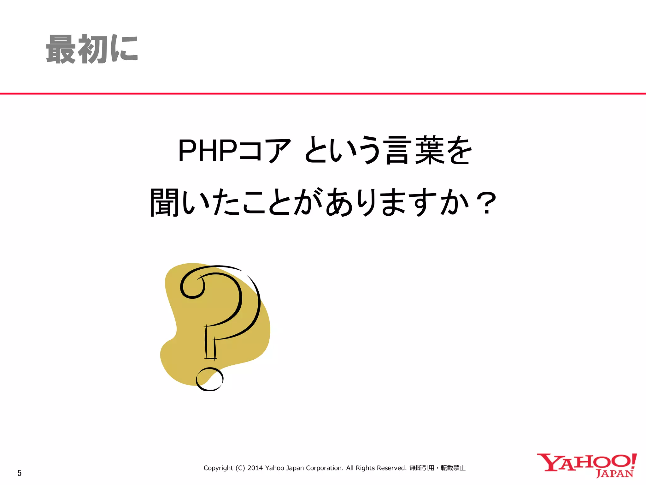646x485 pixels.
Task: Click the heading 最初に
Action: click(92, 49)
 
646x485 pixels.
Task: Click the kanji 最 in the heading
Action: click(61, 49)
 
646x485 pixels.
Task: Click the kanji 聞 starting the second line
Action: click(164, 202)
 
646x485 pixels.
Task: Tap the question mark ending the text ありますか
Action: click(487, 203)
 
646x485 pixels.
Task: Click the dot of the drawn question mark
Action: click(209, 379)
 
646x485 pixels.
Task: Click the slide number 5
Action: click(20, 473)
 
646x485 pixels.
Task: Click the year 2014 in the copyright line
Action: click(255, 468)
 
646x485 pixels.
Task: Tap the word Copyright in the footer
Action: click(218, 468)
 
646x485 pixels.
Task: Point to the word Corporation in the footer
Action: click(325, 468)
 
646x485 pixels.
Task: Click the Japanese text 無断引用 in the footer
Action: click(422, 468)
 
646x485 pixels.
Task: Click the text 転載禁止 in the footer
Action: click(453, 468)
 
